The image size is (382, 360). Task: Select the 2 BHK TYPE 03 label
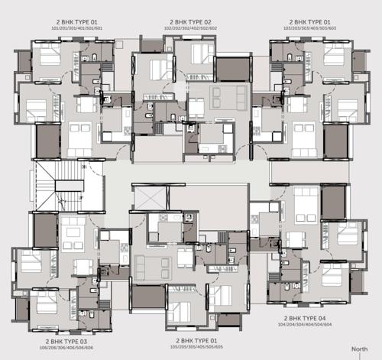(x=68, y=340)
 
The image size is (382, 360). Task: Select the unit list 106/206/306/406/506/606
(x=68, y=347)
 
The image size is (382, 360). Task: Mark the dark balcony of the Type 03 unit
(x=45, y=229)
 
